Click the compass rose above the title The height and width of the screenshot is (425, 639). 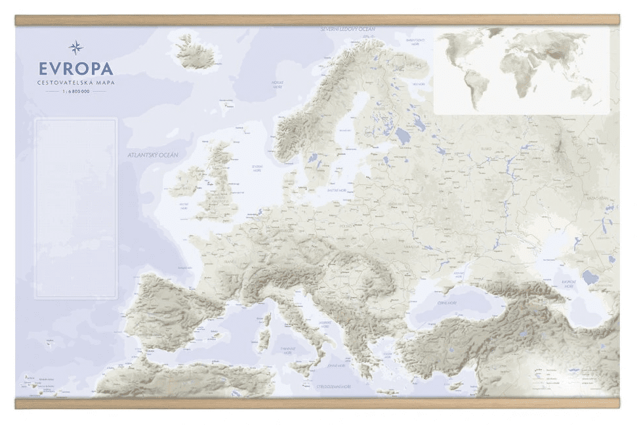[x=75, y=47]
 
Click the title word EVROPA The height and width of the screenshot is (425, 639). [x=75, y=69]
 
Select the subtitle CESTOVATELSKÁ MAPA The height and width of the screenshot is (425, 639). [x=75, y=83]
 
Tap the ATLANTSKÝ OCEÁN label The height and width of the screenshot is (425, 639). [x=153, y=155]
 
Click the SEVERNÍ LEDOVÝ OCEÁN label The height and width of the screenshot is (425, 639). [x=348, y=30]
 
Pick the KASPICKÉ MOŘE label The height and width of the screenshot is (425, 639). [x=568, y=283]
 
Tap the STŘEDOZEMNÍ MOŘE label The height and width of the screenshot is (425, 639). [x=334, y=387]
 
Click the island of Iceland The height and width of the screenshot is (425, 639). [x=196, y=52]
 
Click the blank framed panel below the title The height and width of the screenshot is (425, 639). [x=75, y=208]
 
